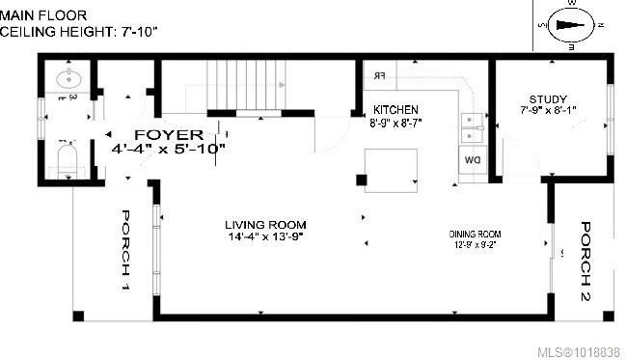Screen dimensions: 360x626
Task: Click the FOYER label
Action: [168, 133]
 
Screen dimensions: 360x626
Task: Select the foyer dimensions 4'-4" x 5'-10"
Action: [169, 149]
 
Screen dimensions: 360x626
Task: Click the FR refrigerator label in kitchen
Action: [378, 75]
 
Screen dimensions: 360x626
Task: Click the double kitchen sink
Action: [471, 122]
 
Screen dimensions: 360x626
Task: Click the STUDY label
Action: [547, 98]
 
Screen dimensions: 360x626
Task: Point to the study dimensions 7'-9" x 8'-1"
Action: [547, 110]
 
